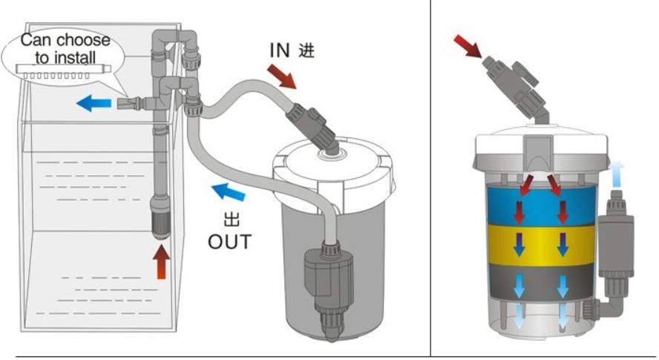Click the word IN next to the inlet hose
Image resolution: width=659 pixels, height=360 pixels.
coord(279,51)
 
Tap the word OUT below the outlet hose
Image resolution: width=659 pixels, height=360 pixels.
coord(229,242)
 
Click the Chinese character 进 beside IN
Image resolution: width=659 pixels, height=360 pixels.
coord(306,51)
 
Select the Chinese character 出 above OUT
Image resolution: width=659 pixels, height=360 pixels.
coord(230,220)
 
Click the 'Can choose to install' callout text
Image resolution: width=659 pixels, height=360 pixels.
coord(65,48)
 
